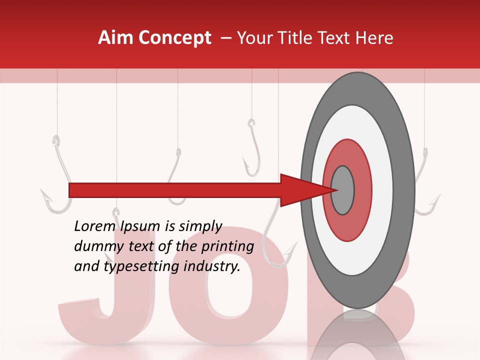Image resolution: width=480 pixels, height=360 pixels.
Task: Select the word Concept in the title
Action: [175, 38]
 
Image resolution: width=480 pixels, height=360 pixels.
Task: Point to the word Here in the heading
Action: [374, 38]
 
